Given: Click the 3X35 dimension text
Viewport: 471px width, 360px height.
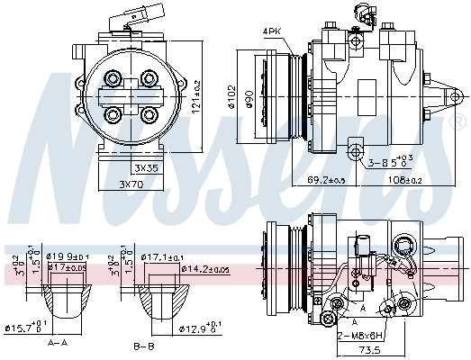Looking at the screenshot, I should point(146,167).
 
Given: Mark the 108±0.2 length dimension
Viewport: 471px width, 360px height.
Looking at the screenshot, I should point(404,180).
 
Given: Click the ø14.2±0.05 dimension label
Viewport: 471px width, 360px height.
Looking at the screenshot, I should point(204,268).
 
